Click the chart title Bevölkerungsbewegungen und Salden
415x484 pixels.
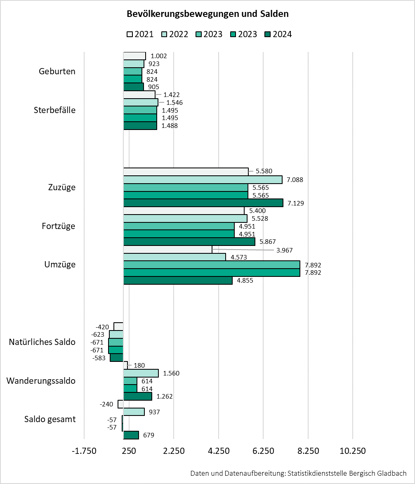(x=207, y=14)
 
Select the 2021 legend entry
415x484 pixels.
(x=140, y=34)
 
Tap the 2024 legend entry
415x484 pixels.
(x=278, y=34)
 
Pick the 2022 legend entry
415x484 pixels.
(x=174, y=34)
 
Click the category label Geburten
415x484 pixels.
(x=57, y=71)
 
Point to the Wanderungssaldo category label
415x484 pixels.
(x=41, y=380)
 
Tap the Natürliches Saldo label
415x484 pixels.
(x=42, y=342)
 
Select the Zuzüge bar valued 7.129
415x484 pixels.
(x=203, y=203)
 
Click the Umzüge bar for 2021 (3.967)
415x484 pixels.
(x=168, y=249)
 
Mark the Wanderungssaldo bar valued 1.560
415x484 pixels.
(x=141, y=373)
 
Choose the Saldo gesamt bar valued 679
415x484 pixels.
(x=131, y=435)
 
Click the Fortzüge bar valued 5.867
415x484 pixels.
(x=189, y=242)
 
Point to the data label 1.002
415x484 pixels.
(x=158, y=56)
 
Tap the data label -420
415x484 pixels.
(x=102, y=327)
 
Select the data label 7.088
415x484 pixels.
(x=295, y=179)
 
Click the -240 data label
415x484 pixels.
(x=106, y=404)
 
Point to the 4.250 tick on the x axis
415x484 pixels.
(x=219, y=451)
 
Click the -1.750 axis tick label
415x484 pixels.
(x=84, y=451)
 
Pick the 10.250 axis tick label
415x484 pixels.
(x=353, y=451)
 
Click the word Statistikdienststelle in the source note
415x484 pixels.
(x=317, y=474)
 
